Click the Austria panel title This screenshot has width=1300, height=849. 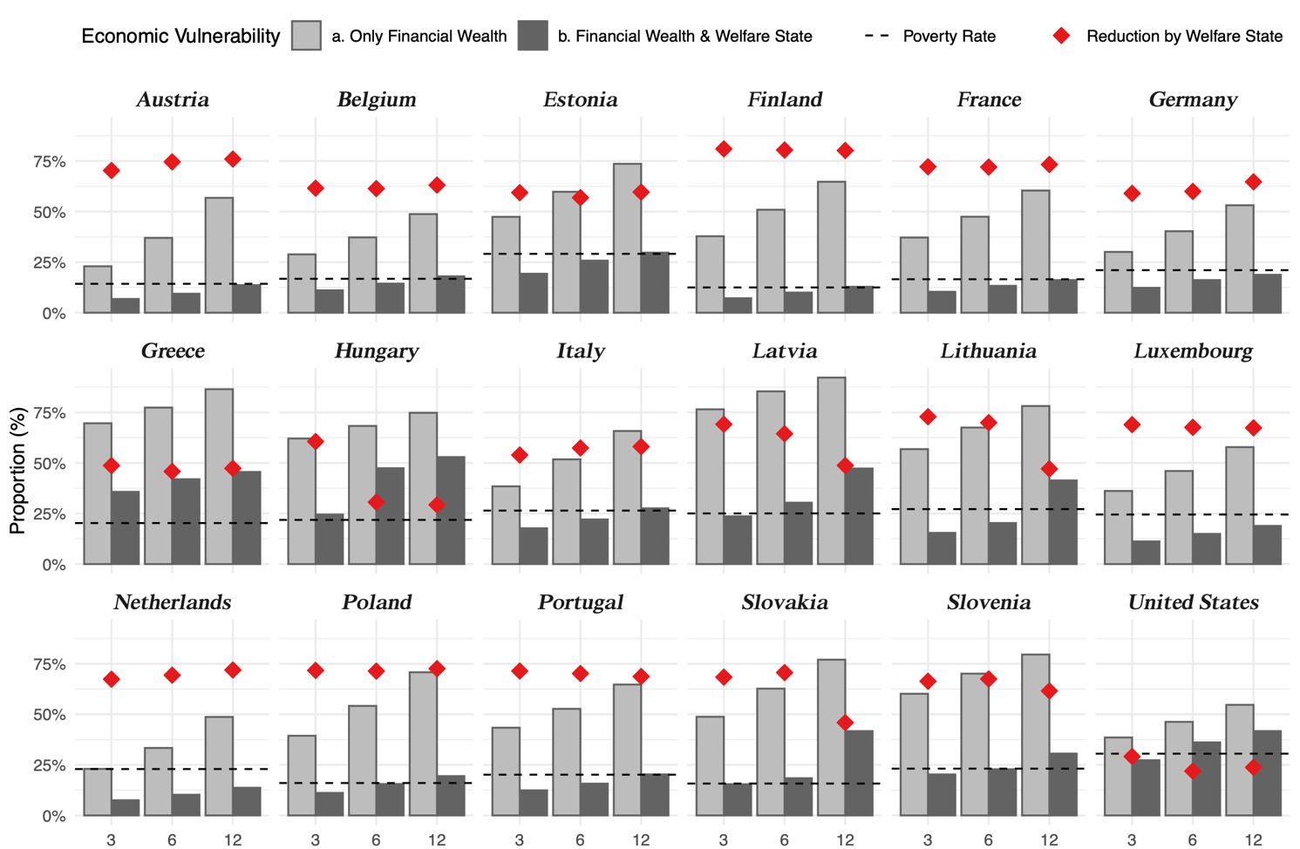173,99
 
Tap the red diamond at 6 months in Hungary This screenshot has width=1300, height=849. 376,502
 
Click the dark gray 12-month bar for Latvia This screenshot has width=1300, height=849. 859,516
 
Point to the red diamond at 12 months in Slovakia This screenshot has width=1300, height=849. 845,723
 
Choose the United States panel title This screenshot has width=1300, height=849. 1193,602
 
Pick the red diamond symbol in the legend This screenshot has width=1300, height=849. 1061,36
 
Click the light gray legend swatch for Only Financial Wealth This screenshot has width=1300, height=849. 306,36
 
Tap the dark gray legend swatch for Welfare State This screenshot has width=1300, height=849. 533,36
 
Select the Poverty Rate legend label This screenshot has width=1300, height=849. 949,37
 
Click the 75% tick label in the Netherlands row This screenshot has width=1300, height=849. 49,665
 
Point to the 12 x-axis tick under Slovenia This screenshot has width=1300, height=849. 1049,839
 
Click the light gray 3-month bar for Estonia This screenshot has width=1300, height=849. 506,264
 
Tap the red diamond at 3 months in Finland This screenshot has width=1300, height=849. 724,149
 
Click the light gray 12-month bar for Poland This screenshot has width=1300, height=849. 423,743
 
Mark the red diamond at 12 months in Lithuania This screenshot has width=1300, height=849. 1049,469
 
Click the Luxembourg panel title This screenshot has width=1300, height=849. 1193,351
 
